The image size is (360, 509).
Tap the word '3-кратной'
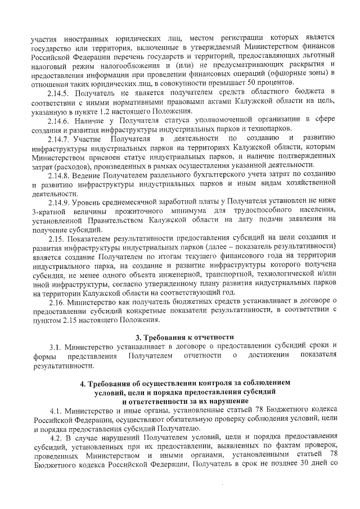(51, 210)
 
